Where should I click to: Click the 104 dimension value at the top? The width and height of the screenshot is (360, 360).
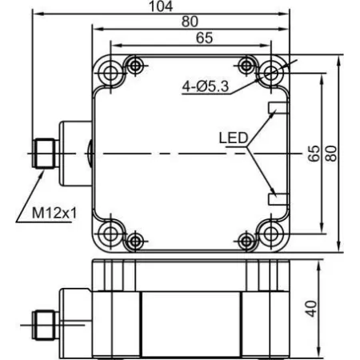click(161, 6)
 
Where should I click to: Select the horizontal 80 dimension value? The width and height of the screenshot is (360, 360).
click(190, 22)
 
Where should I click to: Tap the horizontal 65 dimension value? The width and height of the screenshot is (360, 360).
click(204, 38)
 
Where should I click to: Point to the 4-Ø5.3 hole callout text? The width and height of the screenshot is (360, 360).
click(206, 86)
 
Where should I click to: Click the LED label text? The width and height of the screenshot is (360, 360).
click(234, 138)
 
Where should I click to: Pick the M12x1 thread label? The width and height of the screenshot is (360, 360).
click(54, 213)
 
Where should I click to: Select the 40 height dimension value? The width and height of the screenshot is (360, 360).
click(311, 309)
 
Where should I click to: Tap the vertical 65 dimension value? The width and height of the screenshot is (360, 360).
click(314, 154)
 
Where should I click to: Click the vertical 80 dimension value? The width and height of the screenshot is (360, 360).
click(331, 154)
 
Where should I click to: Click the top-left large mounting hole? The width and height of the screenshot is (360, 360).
click(110, 72)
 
